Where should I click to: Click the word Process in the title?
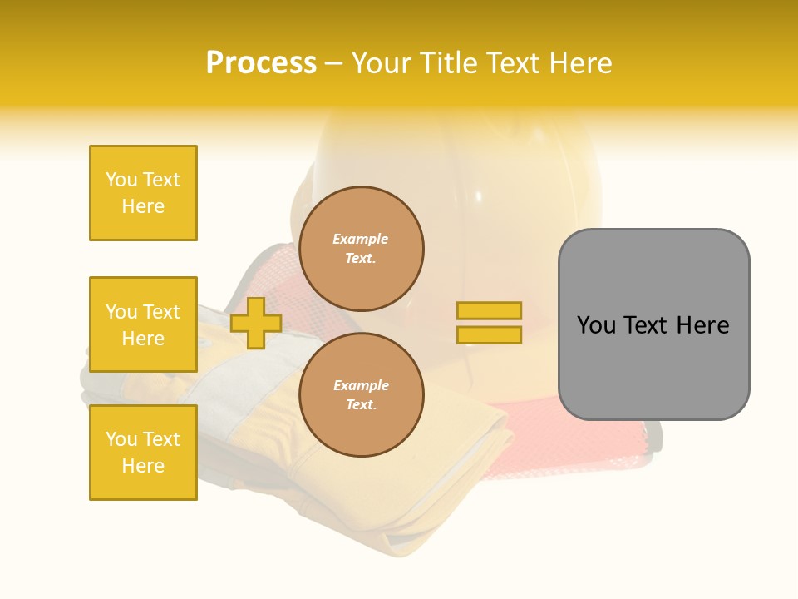261,63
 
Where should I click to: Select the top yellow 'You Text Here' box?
143,193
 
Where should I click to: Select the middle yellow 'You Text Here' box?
143,324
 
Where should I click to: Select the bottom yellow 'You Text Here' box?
143,453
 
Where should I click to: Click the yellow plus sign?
256,323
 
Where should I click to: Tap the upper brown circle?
362,249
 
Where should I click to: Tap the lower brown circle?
362,395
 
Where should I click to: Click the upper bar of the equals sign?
490,310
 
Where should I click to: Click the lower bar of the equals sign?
490,334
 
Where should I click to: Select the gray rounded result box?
653,324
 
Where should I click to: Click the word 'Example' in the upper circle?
361,239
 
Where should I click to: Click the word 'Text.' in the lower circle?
361,405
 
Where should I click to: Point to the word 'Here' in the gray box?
703,325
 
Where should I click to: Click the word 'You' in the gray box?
597,325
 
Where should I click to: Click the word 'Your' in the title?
382,63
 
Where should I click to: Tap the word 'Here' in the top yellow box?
143,206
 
